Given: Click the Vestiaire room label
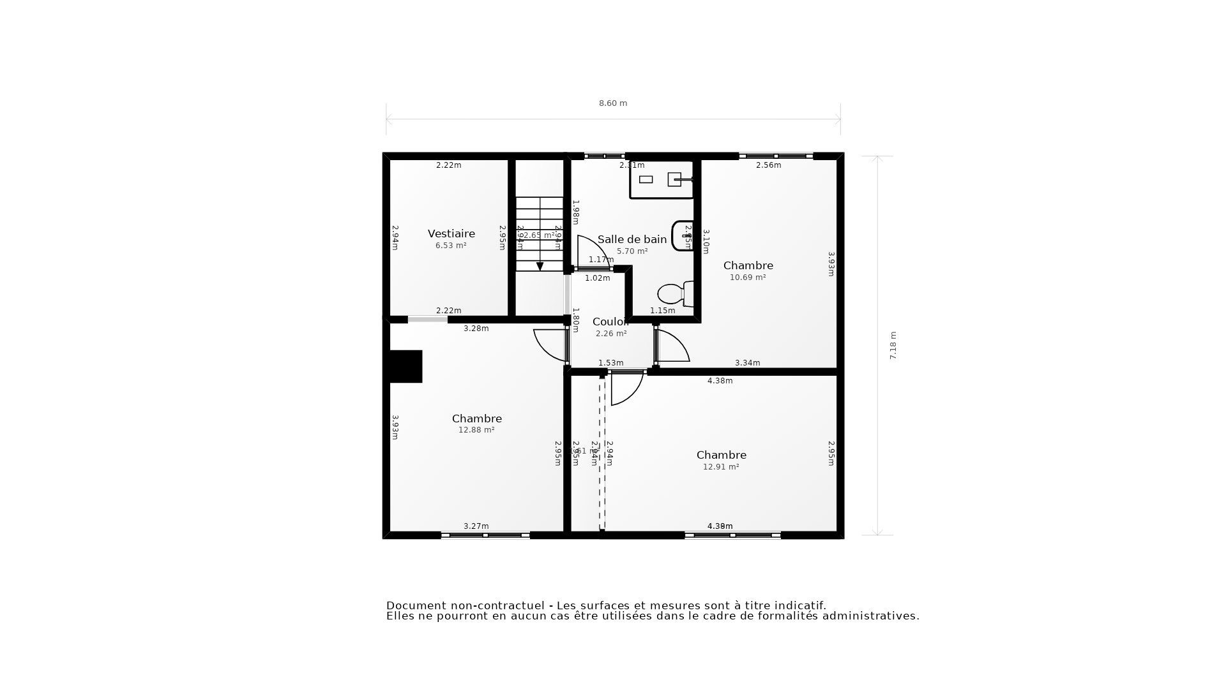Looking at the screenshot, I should click(451, 233).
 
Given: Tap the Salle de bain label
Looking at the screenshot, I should click(632, 239).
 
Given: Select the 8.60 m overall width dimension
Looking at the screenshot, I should click(612, 103).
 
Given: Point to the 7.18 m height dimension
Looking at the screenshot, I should click(893, 345).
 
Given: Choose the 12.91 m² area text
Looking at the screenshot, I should click(720, 467).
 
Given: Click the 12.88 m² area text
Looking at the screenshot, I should click(476, 430).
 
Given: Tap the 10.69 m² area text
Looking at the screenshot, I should click(747, 278).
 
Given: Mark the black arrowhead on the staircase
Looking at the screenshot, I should click(540, 267).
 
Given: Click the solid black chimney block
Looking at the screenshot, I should click(405, 366).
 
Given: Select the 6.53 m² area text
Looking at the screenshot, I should click(450, 246).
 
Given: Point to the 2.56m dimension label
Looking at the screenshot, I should click(768, 165).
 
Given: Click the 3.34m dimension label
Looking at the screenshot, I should click(747, 363).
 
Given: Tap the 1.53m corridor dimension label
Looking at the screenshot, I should click(610, 363).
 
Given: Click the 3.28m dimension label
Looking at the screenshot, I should click(476, 329).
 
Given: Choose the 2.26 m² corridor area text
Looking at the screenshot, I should click(610, 334).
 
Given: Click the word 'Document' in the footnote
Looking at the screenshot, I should click(416, 605).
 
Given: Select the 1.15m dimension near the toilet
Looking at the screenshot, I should click(662, 311).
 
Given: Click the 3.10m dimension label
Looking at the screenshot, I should click(706, 242).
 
